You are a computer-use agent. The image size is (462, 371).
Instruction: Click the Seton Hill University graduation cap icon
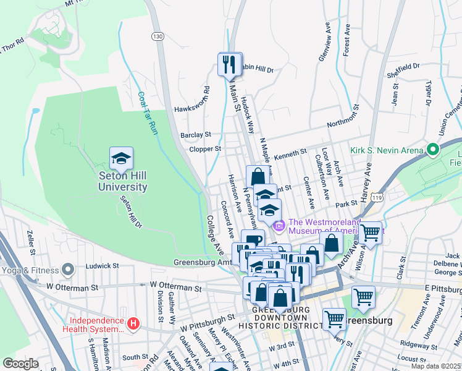click(x=122, y=159)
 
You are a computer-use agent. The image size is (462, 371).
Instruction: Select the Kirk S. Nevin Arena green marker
click(x=433, y=150)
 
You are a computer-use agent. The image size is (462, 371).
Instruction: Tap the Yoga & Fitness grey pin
click(x=68, y=270)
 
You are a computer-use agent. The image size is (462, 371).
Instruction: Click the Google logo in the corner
click(x=21, y=364)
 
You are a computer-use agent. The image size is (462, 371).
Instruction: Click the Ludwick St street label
click(x=98, y=265)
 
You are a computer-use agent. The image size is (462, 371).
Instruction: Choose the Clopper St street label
click(x=205, y=149)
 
